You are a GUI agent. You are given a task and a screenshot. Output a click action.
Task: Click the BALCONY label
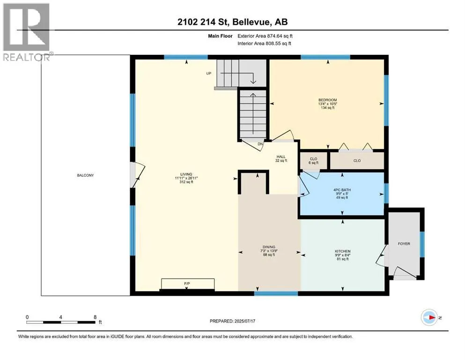pos(85,175)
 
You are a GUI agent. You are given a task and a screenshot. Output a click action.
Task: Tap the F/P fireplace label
pos(187,284)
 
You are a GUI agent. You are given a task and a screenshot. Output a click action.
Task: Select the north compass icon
pos(429,317)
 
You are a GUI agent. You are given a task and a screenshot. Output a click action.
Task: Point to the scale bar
pos(61,322)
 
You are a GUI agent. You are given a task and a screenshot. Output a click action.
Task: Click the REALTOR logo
pos(27,32)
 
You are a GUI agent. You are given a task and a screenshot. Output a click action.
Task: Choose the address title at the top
pos(232,22)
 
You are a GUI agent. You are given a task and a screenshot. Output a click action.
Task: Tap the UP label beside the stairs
pos(209,73)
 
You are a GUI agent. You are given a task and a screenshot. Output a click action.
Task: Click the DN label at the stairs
pos(260,144)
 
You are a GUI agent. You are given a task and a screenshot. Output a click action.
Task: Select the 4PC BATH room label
pos(342,190)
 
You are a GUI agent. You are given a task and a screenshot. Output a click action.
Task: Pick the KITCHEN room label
pos(342,251)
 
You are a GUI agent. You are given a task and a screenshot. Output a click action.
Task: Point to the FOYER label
pos(404,244)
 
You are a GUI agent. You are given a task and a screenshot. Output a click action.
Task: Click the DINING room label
pos(269,247)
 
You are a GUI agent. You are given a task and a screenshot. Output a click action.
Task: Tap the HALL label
pos(281,157)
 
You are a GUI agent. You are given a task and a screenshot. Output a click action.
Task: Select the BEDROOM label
pos(328,100)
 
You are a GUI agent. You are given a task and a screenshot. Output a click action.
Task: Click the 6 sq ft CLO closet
pos(313,161)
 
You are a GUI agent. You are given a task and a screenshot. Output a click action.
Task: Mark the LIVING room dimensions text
pos(186,178)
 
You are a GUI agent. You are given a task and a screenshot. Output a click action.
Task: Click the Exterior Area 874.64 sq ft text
pos(265,36)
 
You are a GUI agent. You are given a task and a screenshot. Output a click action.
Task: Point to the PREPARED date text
pos(232,321)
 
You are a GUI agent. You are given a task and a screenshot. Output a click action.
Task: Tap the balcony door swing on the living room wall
pos(138,175)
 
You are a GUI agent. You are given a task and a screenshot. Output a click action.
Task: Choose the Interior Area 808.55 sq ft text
pos(264,43)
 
